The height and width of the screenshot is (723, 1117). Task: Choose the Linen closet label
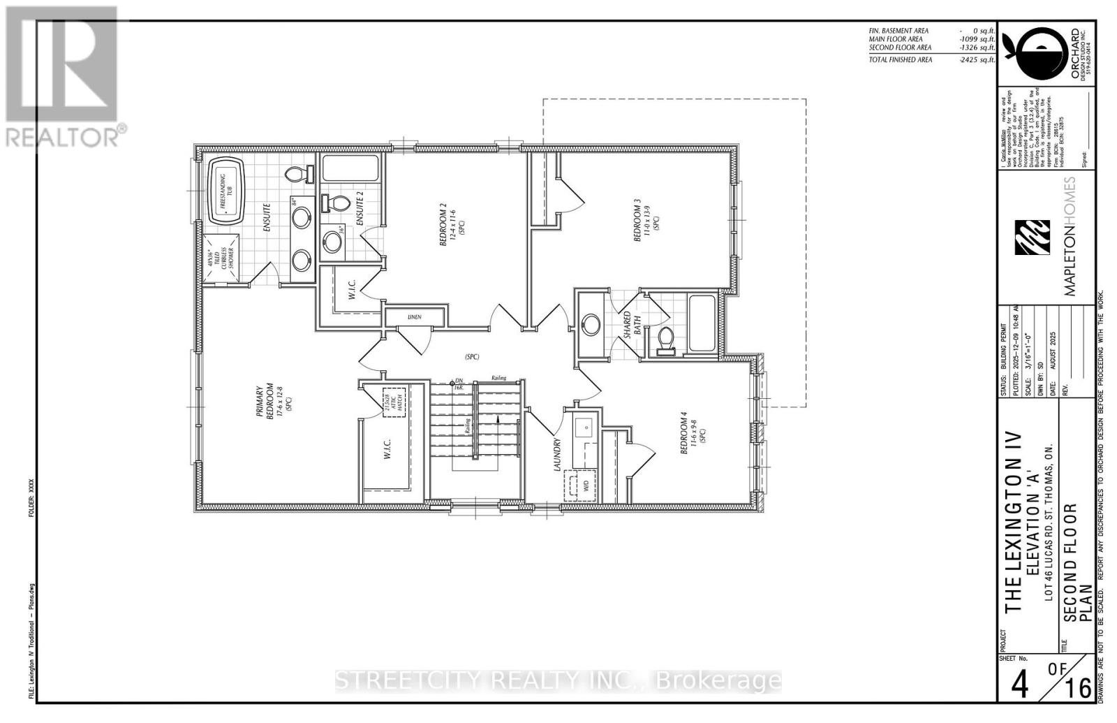coord(415,317)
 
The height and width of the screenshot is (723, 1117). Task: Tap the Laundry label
coord(558,455)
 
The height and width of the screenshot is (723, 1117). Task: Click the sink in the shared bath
coord(592,324)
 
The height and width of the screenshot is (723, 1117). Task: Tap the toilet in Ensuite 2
coord(338,204)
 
